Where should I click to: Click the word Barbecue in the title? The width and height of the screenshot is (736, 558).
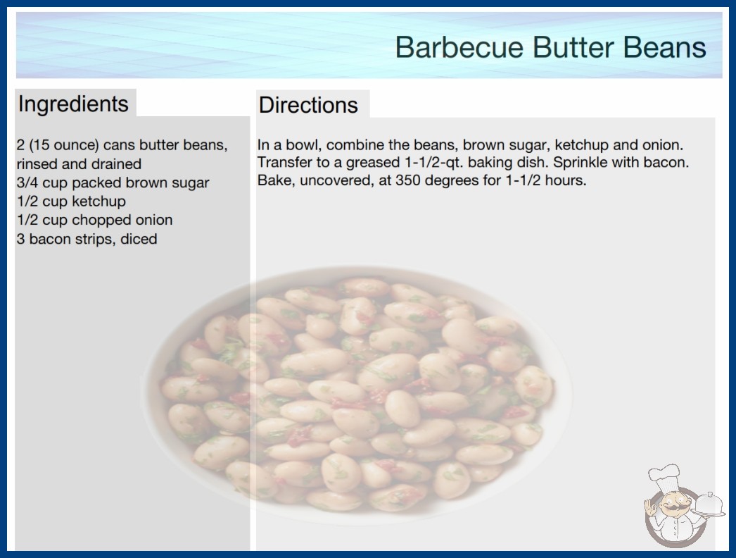coord(459,47)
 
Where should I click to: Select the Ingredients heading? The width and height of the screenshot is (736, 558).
coord(73,104)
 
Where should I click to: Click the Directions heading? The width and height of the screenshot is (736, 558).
coord(308,105)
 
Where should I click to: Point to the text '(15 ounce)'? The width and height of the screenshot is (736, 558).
coord(64,145)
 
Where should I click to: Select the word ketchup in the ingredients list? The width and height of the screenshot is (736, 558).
coord(99,201)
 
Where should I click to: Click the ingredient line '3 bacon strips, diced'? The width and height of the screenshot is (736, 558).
coord(87,239)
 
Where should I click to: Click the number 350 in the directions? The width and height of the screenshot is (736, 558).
coord(408,180)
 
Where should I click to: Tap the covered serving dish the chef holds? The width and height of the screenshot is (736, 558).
coord(709,504)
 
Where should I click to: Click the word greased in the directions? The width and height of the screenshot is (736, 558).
coord(373,163)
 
